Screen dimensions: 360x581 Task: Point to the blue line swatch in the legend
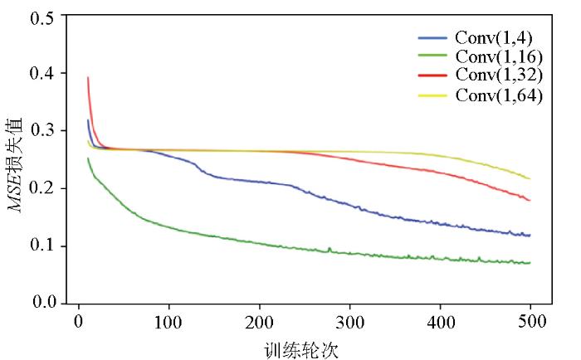point(433,38)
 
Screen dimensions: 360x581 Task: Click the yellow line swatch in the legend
point(433,95)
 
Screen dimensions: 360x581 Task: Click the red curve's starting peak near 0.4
point(88,78)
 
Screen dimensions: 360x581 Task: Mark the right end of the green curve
point(530,263)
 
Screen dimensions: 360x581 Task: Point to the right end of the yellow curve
point(530,179)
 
